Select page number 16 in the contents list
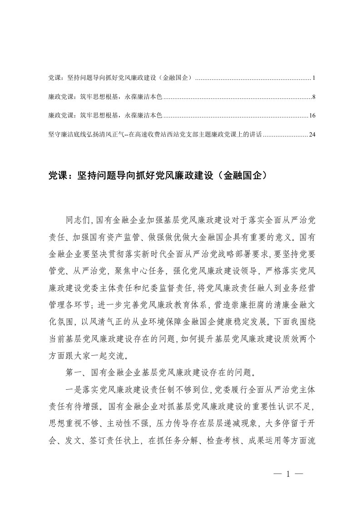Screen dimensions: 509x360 pos(312,116)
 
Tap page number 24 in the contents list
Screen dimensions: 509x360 pos(312,135)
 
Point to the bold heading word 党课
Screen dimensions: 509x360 pos(57,174)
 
